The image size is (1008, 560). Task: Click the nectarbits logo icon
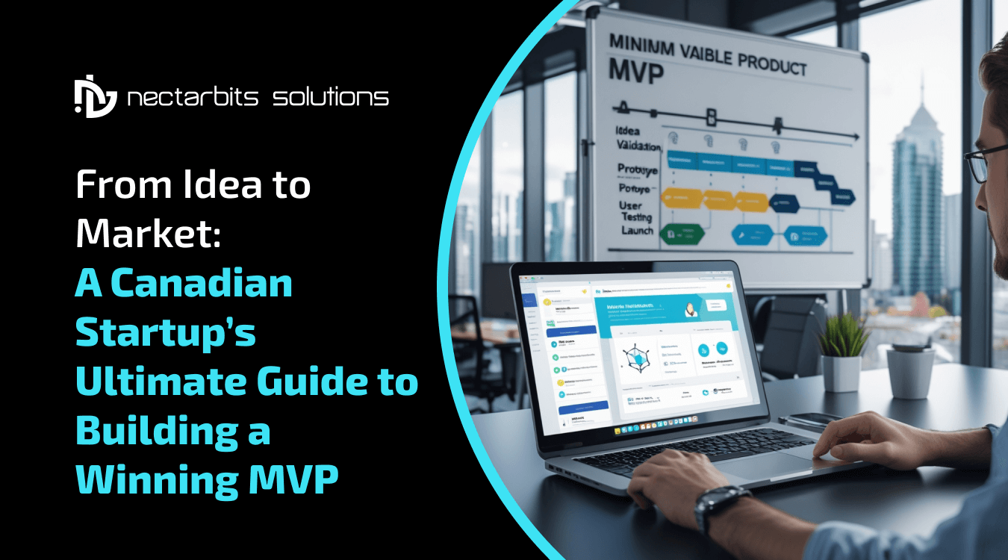coord(96,96)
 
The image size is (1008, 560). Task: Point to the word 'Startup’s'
coord(165,334)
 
